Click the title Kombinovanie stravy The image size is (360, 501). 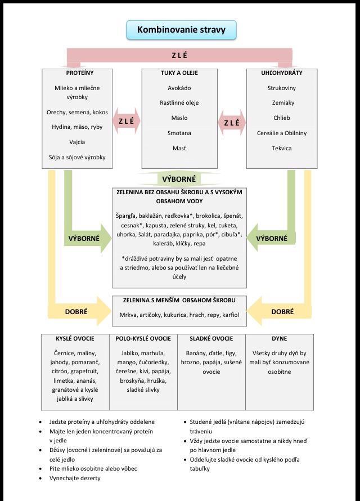(181, 29)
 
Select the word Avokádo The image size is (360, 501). (179, 88)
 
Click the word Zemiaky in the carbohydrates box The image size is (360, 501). (281, 103)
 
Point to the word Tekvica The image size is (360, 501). (281, 148)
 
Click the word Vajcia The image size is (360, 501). (77, 142)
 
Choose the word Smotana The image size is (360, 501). (179, 133)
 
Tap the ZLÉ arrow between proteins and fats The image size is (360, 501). (127, 122)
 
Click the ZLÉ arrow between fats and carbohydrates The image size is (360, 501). (231, 122)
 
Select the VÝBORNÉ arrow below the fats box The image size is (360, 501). (179, 179)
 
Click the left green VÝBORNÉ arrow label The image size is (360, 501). (84, 238)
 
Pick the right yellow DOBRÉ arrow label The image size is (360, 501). (282, 311)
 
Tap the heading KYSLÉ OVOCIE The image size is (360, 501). (75, 339)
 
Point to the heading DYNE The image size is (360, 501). (280, 339)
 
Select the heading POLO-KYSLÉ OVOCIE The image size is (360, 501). (143, 339)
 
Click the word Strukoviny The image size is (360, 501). (281, 88)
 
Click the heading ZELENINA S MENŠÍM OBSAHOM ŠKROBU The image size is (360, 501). (179, 301)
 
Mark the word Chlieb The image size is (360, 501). (281, 118)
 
